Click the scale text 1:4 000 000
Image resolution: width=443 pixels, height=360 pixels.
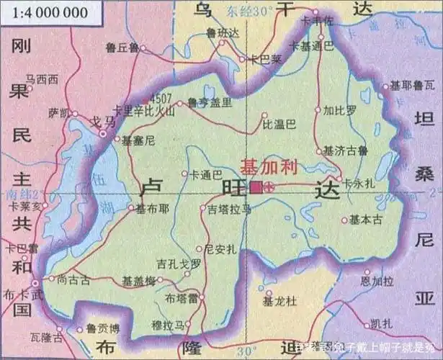(x=45, y=12)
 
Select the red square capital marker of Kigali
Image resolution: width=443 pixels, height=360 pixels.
(x=256, y=187)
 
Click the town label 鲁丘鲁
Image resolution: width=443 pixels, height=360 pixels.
(x=122, y=47)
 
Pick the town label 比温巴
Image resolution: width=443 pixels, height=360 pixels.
(x=280, y=125)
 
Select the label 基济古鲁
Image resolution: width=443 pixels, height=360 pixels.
(x=346, y=151)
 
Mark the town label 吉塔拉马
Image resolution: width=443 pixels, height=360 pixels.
(x=229, y=209)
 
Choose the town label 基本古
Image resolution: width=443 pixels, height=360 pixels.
(x=366, y=221)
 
